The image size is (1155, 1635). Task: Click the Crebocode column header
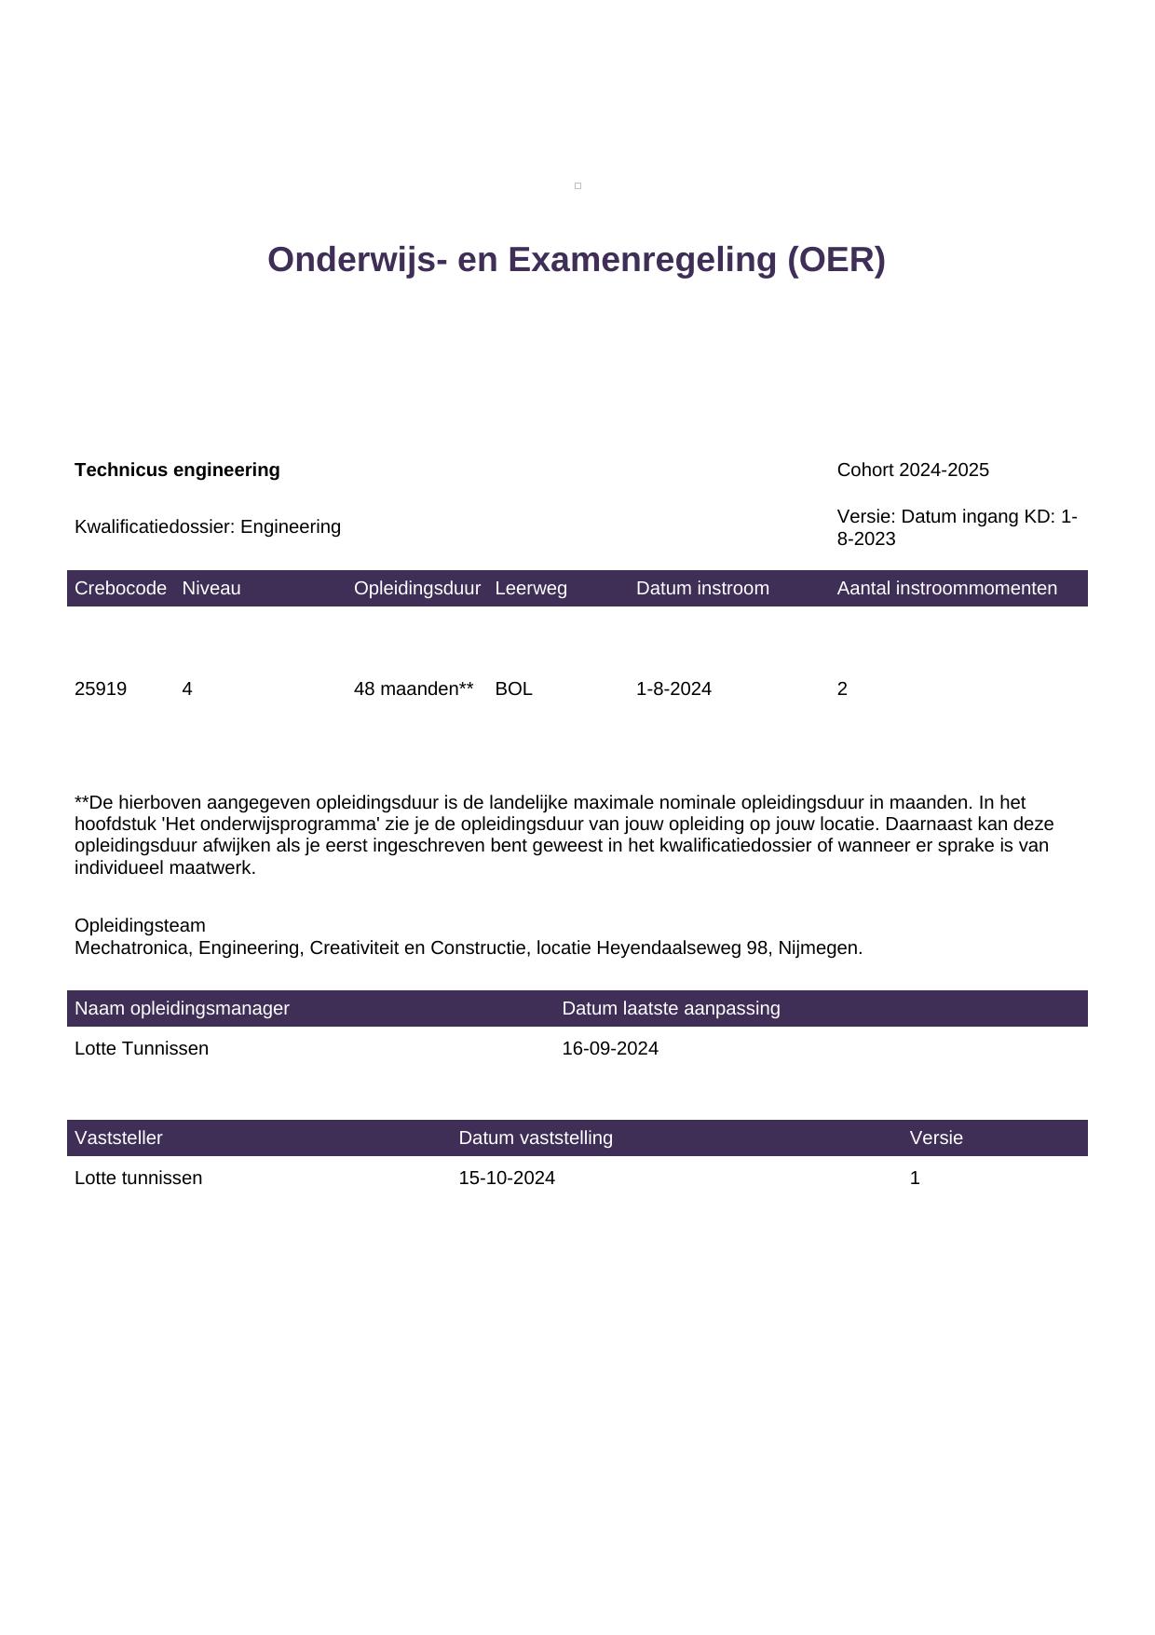pyautogui.click(x=120, y=588)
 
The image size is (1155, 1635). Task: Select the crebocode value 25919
pyautogui.click(x=101, y=688)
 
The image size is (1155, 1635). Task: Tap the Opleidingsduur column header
pyautogui.click(x=416, y=588)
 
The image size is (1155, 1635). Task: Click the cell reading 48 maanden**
pyautogui.click(x=414, y=688)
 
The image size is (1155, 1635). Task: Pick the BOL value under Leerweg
pyautogui.click(x=513, y=688)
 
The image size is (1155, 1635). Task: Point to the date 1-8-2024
pyautogui.click(x=673, y=688)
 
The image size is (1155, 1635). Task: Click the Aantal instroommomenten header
pyautogui.click(x=946, y=588)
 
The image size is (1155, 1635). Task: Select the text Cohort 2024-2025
pyautogui.click(x=912, y=470)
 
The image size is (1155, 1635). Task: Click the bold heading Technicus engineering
pyautogui.click(x=177, y=470)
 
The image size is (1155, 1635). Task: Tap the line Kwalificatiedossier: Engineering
pyautogui.click(x=208, y=526)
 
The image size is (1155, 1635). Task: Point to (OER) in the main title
pyautogui.click(x=836, y=259)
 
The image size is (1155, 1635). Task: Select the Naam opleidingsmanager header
pyautogui.click(x=182, y=1008)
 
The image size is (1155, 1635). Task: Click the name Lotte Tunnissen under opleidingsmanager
pyautogui.click(x=142, y=1048)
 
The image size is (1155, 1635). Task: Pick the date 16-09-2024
pyautogui.click(x=610, y=1048)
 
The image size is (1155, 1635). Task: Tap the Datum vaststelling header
pyautogui.click(x=536, y=1138)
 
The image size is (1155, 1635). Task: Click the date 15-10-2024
pyautogui.click(x=507, y=1178)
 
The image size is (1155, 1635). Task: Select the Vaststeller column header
pyautogui.click(x=118, y=1138)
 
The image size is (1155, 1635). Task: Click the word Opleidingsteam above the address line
pyautogui.click(x=140, y=925)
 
